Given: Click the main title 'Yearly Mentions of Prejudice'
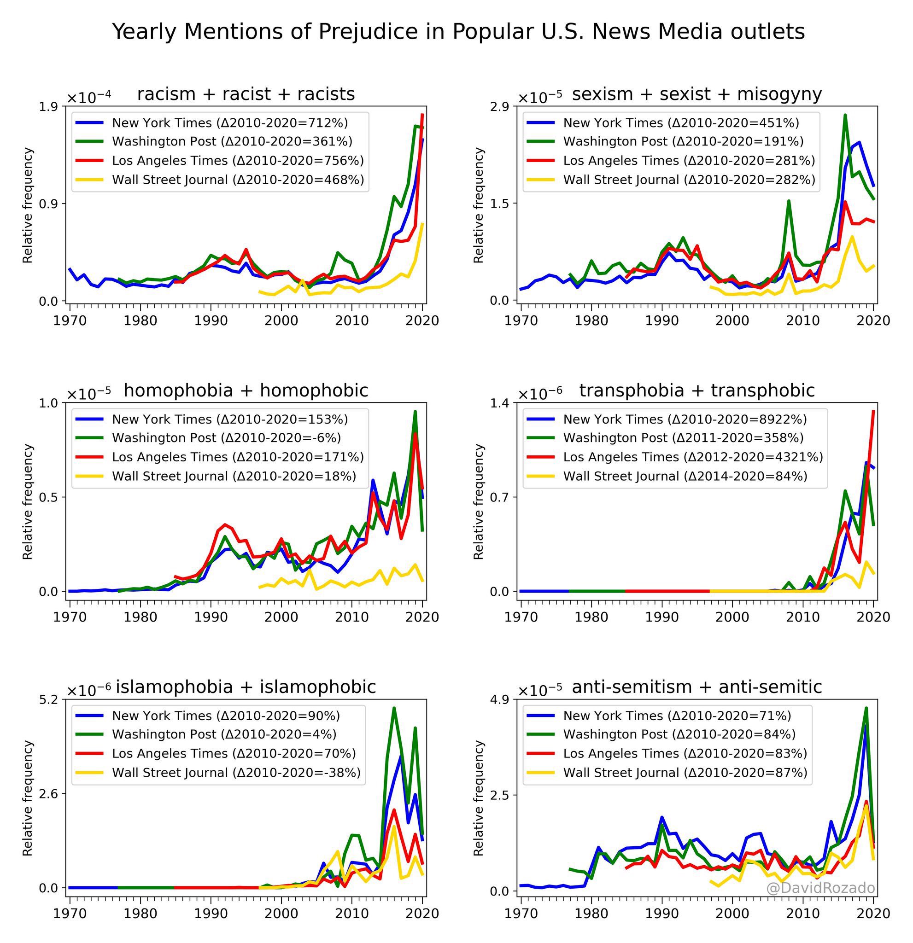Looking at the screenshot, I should (x=458, y=32).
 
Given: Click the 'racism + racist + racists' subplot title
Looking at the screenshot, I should (x=246, y=94).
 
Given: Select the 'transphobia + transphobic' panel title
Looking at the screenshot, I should (x=696, y=390).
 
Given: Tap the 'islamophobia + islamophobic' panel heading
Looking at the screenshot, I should (x=246, y=687).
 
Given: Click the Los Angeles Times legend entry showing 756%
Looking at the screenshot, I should (x=238, y=161).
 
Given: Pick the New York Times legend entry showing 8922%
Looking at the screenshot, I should (x=685, y=419).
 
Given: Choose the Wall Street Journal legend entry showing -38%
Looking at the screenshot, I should (x=236, y=773).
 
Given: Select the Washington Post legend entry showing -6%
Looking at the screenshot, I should (x=226, y=438).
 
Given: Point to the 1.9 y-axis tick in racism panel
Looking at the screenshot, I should (x=48, y=107).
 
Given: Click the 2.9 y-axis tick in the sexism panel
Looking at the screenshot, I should (x=500, y=107).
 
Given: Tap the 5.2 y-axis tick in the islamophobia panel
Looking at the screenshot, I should (x=48, y=699).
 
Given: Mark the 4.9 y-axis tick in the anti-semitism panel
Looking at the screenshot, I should (x=500, y=699).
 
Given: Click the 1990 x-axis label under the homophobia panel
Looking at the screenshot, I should (x=211, y=617).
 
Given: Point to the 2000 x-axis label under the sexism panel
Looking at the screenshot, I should (x=732, y=321).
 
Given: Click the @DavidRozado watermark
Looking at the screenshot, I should (x=820, y=888).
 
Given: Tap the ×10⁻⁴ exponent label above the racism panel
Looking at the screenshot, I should (x=88, y=97).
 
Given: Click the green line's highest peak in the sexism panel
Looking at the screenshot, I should (x=845, y=116).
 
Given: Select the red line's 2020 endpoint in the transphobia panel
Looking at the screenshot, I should (x=873, y=411).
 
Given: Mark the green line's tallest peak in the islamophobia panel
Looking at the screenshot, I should (x=394, y=708).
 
